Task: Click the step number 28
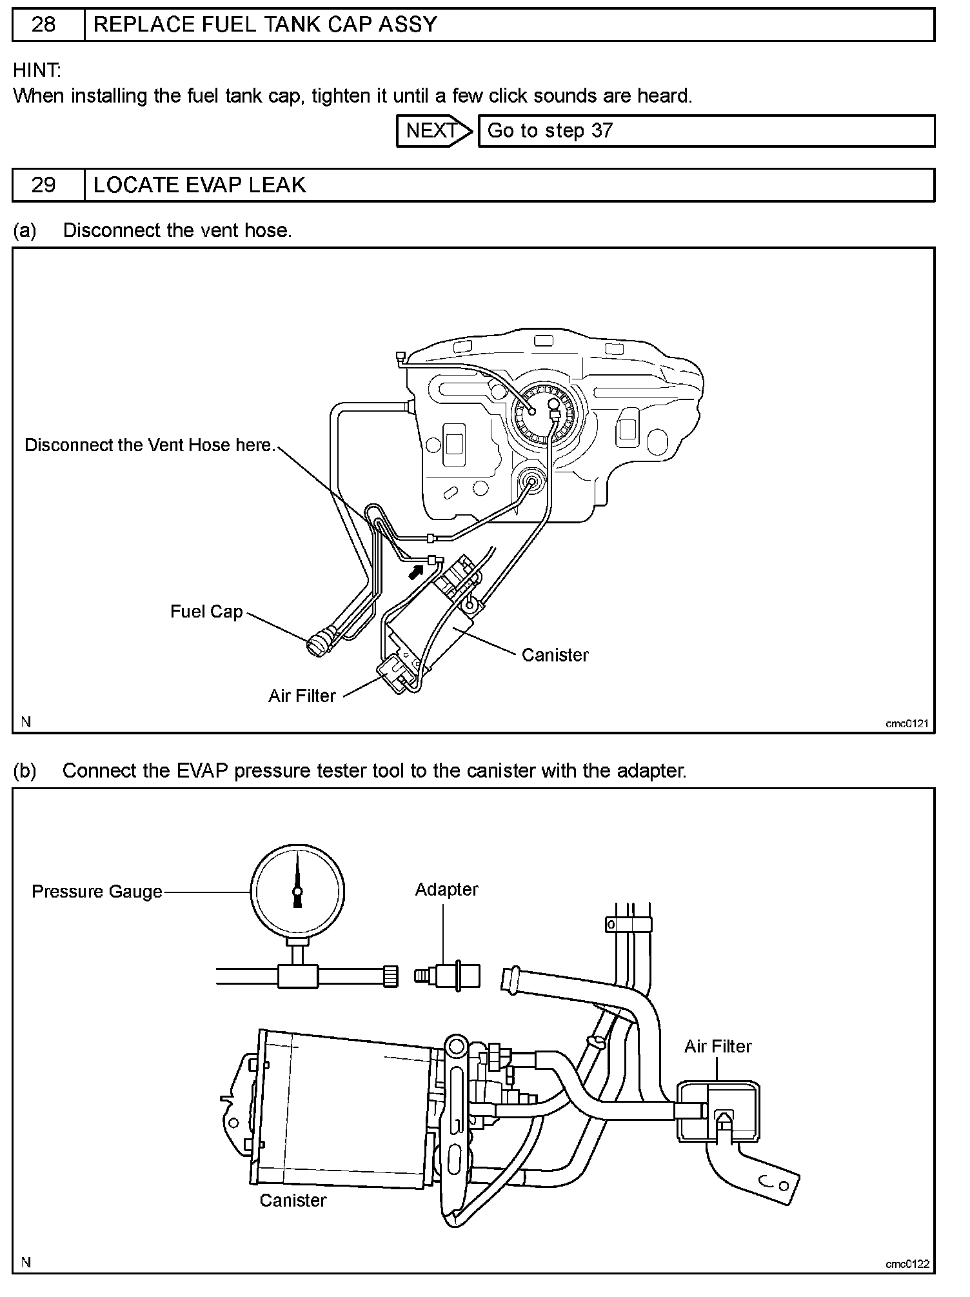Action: tap(43, 25)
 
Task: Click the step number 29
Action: tap(43, 186)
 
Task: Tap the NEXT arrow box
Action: tap(433, 131)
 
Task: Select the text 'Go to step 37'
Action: tap(549, 131)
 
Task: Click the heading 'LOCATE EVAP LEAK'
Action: tap(199, 186)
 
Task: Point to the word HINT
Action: tap(36, 70)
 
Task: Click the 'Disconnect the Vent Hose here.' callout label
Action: tap(150, 445)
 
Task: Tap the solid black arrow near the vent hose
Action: tap(417, 571)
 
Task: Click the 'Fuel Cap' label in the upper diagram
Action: tap(206, 612)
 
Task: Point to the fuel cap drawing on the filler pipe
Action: tap(318, 644)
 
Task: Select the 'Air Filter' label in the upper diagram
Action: tap(302, 696)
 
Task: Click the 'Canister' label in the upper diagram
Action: tap(555, 656)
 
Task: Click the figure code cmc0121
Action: tap(906, 723)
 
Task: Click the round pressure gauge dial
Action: tap(297, 891)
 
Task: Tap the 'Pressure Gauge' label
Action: tap(97, 892)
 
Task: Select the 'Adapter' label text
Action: tap(446, 889)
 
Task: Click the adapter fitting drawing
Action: tap(447, 975)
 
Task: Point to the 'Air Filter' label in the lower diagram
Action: tap(718, 1046)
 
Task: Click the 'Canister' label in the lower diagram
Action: tap(293, 1200)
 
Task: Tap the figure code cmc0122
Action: tap(907, 1264)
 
